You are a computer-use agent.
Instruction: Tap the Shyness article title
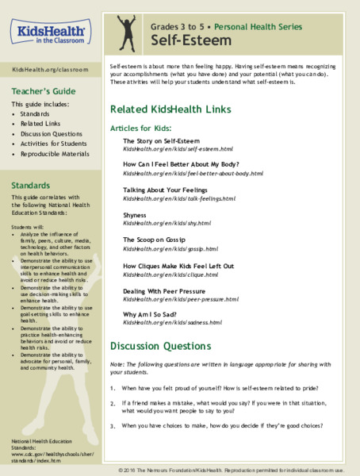coord(136,214)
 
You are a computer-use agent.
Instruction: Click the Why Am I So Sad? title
coord(151,316)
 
